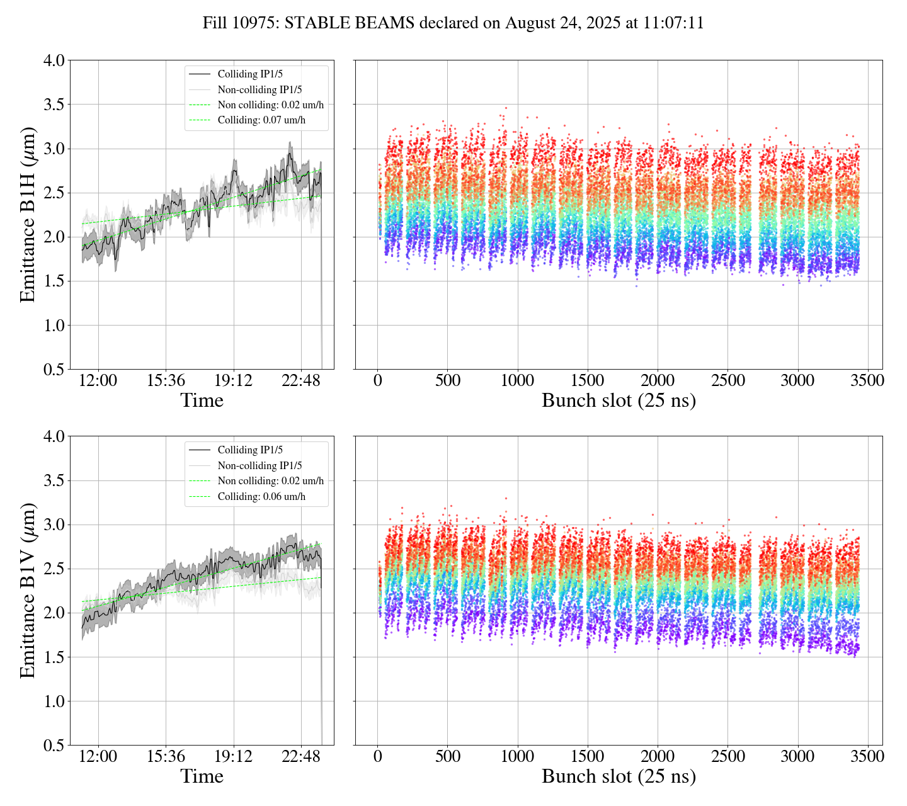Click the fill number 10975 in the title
click(257, 23)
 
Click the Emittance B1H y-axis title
click(28, 215)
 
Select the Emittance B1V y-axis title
click(28, 591)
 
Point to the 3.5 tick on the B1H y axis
click(54, 105)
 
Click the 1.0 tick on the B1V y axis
click(54, 701)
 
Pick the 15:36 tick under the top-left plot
click(166, 381)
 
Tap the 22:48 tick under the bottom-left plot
click(300, 756)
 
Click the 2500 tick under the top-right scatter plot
click(727, 381)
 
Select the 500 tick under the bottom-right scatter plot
click(447, 756)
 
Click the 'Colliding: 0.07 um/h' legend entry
click(261, 120)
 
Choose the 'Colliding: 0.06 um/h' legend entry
click(261, 496)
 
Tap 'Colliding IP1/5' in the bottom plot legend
click(250, 450)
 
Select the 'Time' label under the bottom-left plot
click(202, 776)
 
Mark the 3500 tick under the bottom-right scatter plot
click(867, 756)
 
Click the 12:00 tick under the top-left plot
click(98, 381)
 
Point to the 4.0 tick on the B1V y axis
click(54, 436)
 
